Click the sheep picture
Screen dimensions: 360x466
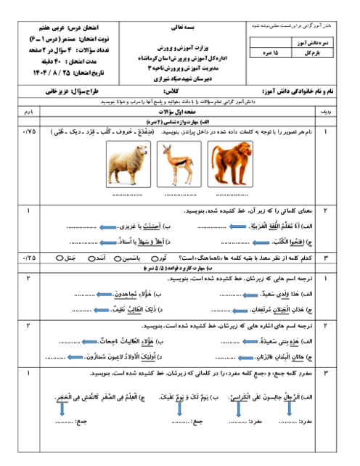[128, 164]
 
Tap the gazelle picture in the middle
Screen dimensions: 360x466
[179, 164]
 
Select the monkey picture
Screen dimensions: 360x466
[230, 164]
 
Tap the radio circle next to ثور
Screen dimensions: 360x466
[155, 258]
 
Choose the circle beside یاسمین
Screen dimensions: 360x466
[118, 258]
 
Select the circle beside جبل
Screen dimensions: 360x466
[60, 258]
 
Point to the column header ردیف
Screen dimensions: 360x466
[326, 112]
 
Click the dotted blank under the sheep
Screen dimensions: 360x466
[128, 195]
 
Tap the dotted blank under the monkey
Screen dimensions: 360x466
[232, 195]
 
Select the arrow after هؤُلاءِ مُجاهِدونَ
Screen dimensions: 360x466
[105, 295]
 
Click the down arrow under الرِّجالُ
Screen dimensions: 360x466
[290, 409]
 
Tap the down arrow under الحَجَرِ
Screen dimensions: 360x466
[62, 409]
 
